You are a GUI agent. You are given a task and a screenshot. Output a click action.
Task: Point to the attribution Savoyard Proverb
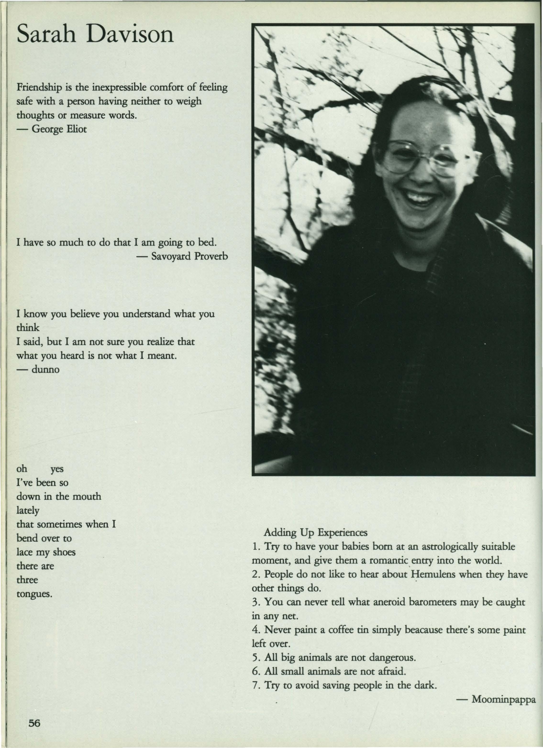[189, 256]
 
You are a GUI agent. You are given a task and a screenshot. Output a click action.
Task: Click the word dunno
[45, 369]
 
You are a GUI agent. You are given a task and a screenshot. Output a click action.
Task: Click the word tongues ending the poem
[34, 594]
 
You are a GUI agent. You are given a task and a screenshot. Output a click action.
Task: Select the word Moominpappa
[503, 699]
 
